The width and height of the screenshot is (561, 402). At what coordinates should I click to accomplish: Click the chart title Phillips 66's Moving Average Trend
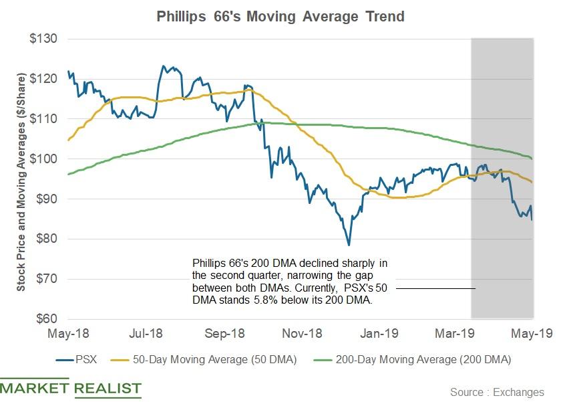pos(280,16)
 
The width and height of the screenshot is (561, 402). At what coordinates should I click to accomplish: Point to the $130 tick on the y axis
pos(43,39)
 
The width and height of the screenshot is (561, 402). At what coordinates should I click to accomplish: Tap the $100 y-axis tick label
pos(43,159)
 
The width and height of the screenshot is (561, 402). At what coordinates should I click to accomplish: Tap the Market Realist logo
pos(71,389)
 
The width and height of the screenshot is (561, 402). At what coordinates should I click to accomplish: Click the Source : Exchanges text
pos(497,391)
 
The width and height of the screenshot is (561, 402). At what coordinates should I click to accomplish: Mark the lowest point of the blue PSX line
pos(349,245)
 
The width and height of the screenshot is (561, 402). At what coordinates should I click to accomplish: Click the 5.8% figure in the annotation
pos(253,301)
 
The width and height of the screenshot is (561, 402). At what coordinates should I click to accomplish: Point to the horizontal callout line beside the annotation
pos(434,288)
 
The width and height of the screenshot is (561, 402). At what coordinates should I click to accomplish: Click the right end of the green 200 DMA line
pos(532,159)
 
